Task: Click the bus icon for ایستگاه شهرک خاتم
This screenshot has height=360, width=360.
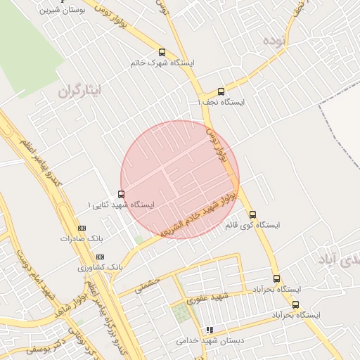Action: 162,52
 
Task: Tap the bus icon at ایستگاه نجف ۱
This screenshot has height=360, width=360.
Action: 221,91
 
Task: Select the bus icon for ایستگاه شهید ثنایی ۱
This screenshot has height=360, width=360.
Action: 121,195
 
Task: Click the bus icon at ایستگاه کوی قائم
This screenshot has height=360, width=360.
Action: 252,215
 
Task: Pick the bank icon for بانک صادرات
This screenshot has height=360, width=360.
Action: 82,229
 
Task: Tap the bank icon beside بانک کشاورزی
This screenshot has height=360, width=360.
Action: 100,257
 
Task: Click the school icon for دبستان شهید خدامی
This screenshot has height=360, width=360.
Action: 209,330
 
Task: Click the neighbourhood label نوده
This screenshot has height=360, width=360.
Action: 275,39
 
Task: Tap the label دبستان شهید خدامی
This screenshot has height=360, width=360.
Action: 210,340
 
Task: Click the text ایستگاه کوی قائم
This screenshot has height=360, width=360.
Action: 252,226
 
